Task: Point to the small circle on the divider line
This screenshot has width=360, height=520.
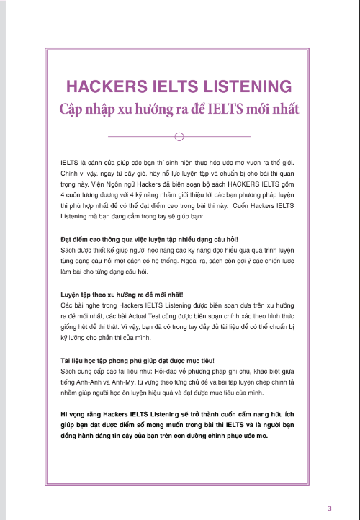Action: coord(179,136)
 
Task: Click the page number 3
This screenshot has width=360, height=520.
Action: coord(329,508)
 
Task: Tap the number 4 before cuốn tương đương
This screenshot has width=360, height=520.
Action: coord(63,193)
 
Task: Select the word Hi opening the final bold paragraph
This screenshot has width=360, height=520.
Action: coord(65,416)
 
